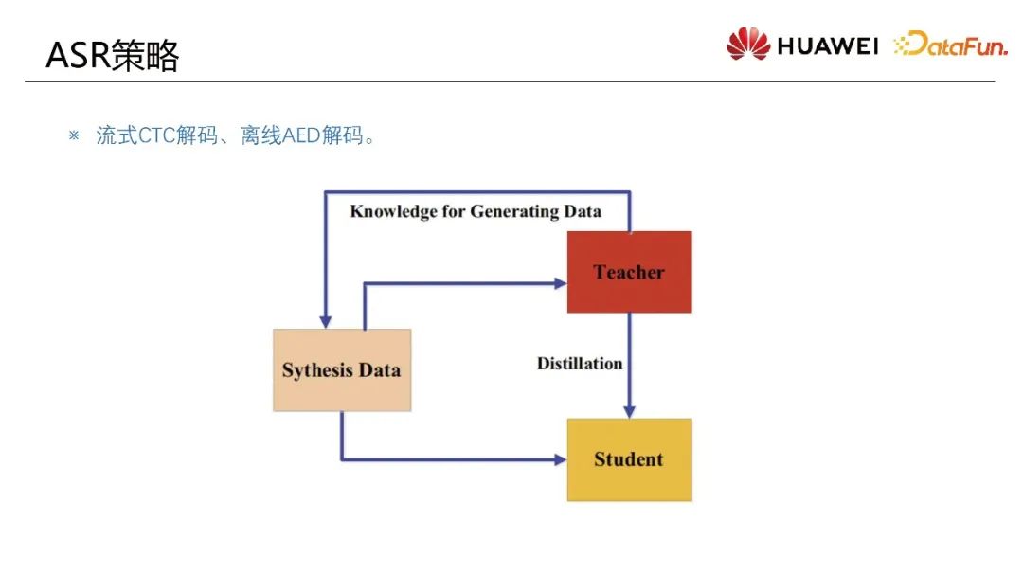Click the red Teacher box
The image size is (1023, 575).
pyautogui.click(x=629, y=272)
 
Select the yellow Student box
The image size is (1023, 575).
pyautogui.click(x=629, y=459)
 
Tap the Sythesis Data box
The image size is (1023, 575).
pyautogui.click(x=341, y=369)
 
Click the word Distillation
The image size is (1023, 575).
pyautogui.click(x=580, y=364)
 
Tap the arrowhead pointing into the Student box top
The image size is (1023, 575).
pyautogui.click(x=629, y=410)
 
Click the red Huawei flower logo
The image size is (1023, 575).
pyautogui.click(x=748, y=44)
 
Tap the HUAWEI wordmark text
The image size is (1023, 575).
pyautogui.click(x=828, y=45)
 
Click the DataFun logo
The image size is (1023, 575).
pyautogui.click(x=950, y=45)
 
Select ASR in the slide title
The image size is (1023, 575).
pyautogui.click(x=78, y=57)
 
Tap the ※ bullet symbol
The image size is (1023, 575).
pyautogui.click(x=74, y=135)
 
